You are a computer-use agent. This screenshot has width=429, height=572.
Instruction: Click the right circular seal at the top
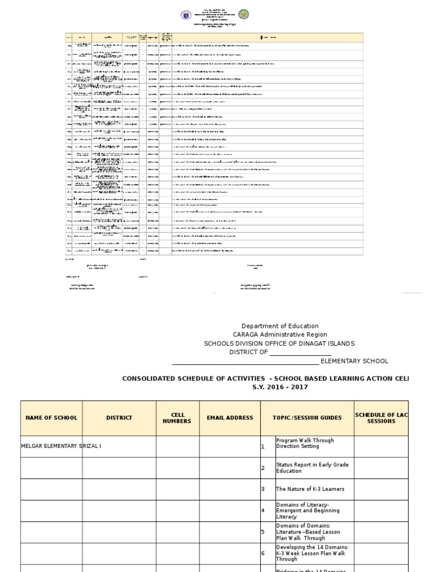click(x=243, y=15)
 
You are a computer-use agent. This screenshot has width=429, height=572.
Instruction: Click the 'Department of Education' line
click(x=280, y=326)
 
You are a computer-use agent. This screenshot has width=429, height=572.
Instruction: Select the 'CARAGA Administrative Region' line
click(x=280, y=335)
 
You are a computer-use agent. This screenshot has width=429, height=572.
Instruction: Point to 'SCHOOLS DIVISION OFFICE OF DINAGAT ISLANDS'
click(x=279, y=344)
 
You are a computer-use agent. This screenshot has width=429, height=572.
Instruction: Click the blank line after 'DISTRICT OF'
click(x=301, y=352)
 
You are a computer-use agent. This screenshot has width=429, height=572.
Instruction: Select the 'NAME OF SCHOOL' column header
click(x=51, y=418)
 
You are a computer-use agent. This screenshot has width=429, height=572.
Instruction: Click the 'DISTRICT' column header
click(x=119, y=418)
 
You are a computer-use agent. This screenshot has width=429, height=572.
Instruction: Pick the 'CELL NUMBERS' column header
click(x=177, y=418)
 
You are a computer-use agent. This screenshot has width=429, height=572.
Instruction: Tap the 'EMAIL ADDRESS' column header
click(x=230, y=418)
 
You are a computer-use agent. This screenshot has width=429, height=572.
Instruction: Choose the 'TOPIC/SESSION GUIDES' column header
click(x=307, y=418)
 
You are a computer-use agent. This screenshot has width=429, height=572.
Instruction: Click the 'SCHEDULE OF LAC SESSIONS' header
click(x=381, y=418)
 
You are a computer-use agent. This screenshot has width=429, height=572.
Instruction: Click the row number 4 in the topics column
click(x=263, y=511)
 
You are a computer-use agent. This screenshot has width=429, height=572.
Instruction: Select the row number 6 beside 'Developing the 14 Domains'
click(x=263, y=553)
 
